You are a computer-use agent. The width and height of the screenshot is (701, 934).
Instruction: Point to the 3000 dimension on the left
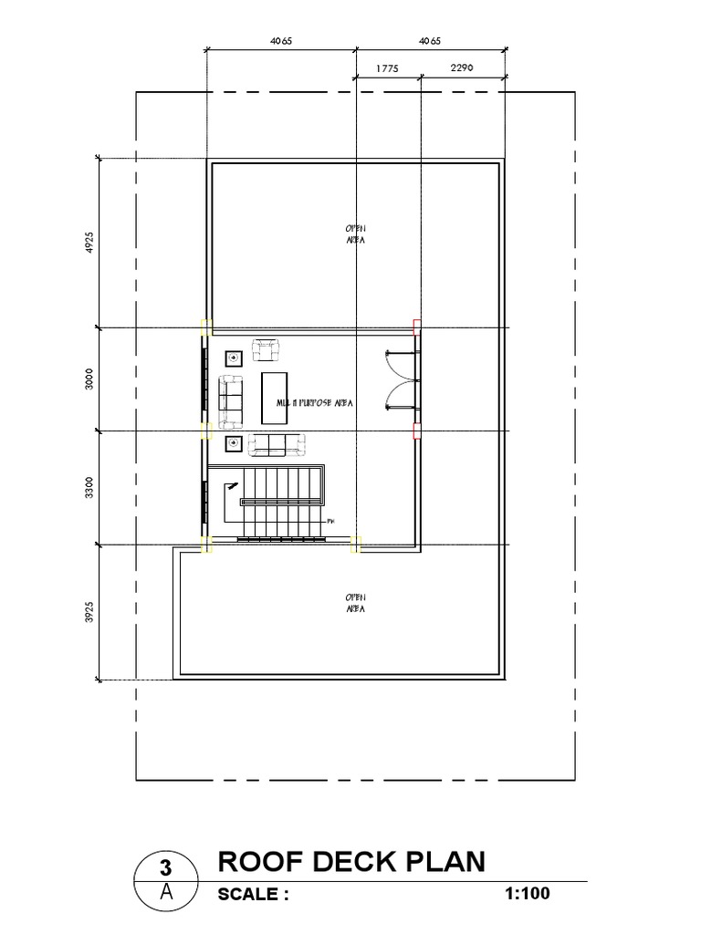click(89, 379)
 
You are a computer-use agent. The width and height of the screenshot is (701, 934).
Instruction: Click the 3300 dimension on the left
click(89, 487)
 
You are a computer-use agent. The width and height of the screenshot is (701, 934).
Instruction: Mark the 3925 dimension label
click(89, 612)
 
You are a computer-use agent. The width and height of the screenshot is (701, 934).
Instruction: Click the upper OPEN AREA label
click(355, 233)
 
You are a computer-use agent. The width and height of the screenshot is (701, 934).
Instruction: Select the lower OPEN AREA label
click(355, 603)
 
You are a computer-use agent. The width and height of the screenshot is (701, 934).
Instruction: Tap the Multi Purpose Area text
click(315, 401)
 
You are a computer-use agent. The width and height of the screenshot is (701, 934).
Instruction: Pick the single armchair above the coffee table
click(266, 349)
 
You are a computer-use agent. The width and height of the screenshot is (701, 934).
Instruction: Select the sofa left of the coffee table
click(230, 400)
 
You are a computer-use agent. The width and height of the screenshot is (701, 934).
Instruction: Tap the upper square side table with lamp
click(232, 358)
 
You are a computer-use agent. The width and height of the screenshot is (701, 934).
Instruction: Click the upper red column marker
click(417, 326)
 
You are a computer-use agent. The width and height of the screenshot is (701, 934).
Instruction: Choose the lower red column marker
click(417, 430)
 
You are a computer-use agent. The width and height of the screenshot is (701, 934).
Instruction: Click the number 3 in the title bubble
click(167, 867)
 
